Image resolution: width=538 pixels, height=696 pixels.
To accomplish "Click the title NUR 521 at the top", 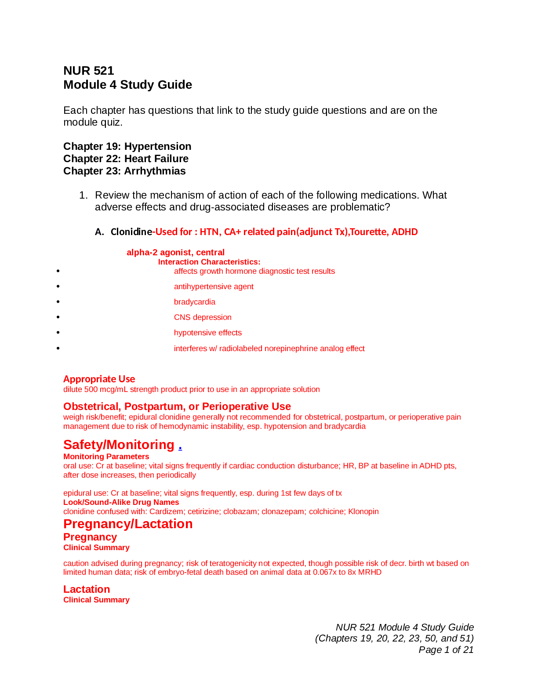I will [89, 71].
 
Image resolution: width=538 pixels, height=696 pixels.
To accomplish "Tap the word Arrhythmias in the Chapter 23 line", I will [155, 171].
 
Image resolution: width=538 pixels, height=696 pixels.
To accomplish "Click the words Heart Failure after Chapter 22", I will [156, 159].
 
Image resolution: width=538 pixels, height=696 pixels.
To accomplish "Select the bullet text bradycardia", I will [195, 302].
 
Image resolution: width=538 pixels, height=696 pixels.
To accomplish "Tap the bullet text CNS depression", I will [203, 317].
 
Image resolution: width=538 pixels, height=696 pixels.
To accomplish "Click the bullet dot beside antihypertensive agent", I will [58, 286].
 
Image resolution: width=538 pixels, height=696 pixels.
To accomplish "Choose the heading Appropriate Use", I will [99, 379].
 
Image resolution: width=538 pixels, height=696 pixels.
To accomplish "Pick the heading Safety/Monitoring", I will [119, 445].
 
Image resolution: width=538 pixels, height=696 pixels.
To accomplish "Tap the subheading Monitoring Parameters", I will [106, 457].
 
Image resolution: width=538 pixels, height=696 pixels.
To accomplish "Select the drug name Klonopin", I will [363, 511].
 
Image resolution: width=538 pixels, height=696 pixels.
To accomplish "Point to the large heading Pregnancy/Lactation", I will [128, 524].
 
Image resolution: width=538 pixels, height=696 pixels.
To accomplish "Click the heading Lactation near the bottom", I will [87, 589].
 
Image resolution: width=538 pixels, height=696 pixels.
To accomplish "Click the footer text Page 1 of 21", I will [446, 649].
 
